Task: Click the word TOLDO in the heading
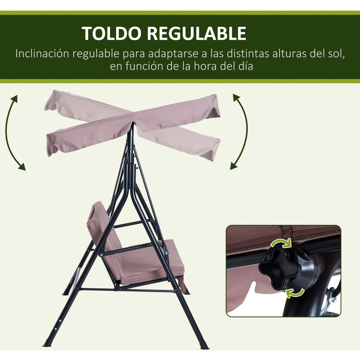point(111,33)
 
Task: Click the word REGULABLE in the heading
point(197,33)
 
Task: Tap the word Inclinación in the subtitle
point(42,54)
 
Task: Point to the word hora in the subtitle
point(205,66)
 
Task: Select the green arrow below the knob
point(295,293)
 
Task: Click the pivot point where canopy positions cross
point(132,123)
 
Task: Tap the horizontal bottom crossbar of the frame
point(129,290)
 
